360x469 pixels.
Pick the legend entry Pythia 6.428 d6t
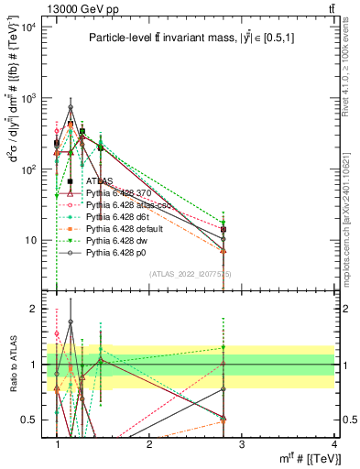(119, 217)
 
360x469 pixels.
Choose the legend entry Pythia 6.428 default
(125, 228)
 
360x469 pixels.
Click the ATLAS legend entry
(100, 182)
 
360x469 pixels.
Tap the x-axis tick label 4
(335, 444)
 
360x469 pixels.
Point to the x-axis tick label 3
(242, 444)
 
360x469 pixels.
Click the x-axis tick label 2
(150, 444)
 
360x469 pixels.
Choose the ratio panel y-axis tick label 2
(33, 309)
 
